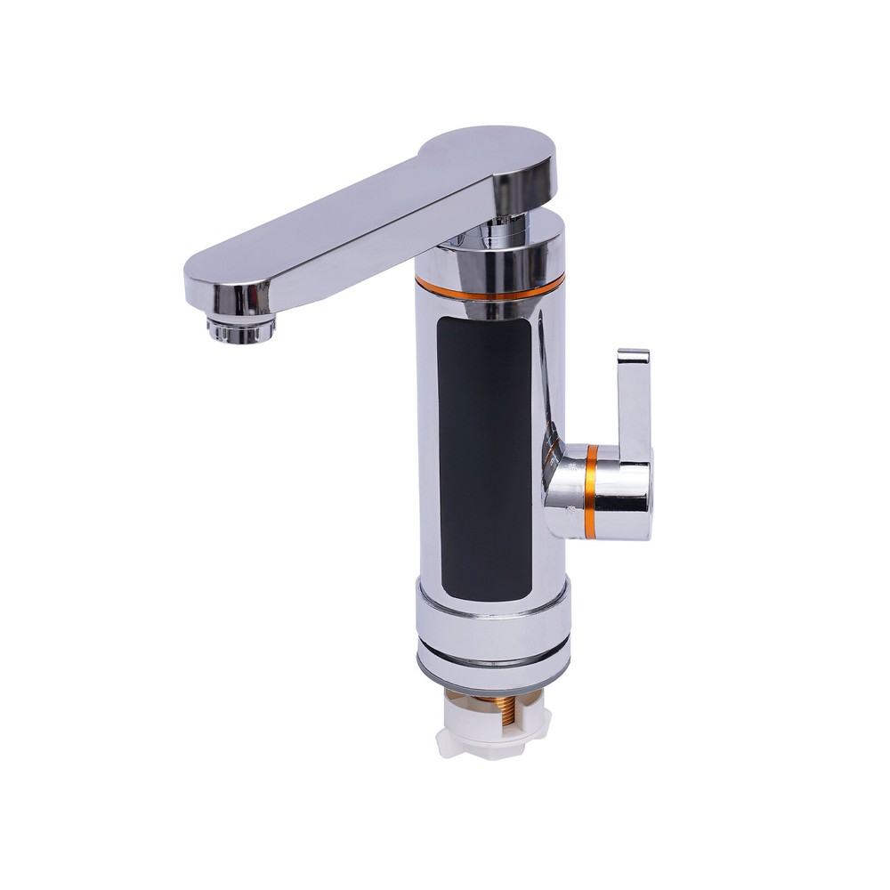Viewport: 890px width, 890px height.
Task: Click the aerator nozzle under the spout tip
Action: (240, 328)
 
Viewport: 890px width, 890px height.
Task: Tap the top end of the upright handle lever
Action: (633, 357)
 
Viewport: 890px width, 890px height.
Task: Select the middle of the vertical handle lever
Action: (633, 400)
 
